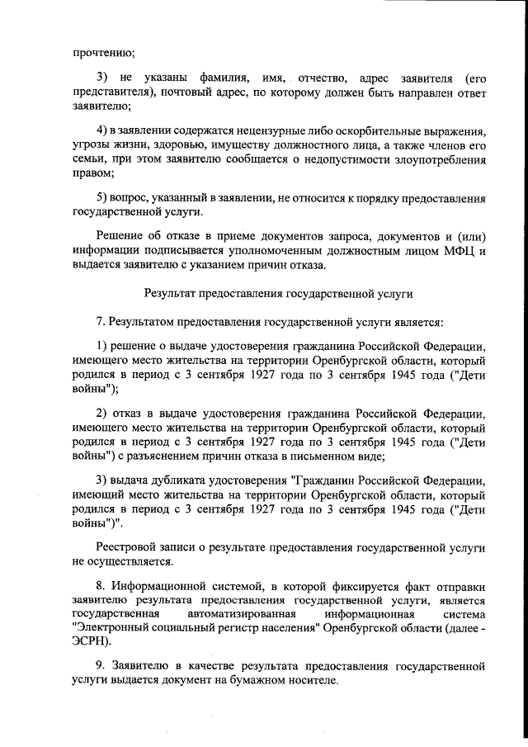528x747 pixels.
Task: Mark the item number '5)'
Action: pos(104,198)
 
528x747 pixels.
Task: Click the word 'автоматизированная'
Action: pos(238,614)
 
